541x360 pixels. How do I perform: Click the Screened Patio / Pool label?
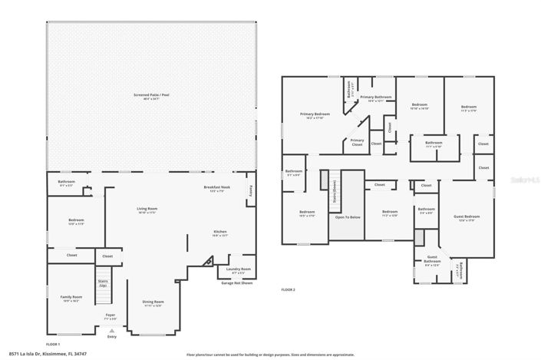click(x=151, y=95)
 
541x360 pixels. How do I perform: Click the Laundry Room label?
click(x=236, y=269)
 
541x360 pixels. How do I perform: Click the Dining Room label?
click(x=153, y=302)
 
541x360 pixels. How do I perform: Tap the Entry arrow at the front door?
click(x=112, y=331)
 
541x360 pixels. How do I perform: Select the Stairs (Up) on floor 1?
click(x=103, y=283)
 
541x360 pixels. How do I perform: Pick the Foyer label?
click(x=111, y=315)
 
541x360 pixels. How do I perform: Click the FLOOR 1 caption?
click(x=53, y=343)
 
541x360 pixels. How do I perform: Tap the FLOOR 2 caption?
click(x=288, y=289)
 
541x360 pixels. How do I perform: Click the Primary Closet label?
click(x=357, y=141)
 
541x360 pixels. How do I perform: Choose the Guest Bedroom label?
click(x=466, y=217)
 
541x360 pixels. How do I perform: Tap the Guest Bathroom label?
click(x=432, y=259)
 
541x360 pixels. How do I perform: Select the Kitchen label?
click(x=220, y=232)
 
